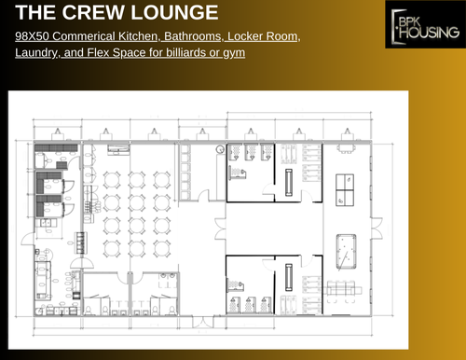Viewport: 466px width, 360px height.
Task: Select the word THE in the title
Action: pyautogui.click(x=37, y=13)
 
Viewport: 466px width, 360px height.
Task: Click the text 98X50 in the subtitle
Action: pyautogui.click(x=34, y=36)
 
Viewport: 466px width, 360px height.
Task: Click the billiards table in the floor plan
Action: pyautogui.click(x=343, y=246)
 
